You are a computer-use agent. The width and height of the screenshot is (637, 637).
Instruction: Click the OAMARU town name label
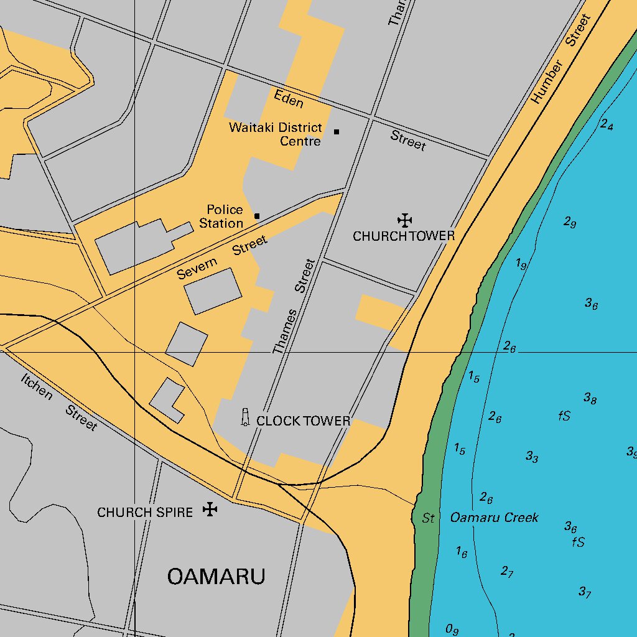click(216, 577)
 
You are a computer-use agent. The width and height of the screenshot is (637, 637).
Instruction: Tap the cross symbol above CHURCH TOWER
click(405, 220)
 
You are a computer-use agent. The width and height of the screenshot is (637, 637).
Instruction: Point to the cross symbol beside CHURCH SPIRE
click(211, 510)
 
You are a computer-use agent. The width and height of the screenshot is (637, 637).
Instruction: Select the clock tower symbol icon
click(245, 417)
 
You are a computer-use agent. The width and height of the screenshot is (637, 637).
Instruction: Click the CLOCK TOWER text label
click(304, 421)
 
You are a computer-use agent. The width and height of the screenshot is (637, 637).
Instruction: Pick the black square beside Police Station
click(257, 216)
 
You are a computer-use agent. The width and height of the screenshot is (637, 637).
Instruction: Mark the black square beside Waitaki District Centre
click(337, 132)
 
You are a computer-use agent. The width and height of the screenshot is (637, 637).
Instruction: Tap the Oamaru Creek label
click(494, 518)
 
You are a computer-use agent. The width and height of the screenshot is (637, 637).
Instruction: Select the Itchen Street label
click(59, 402)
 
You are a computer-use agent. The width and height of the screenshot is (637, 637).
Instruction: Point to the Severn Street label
click(222, 258)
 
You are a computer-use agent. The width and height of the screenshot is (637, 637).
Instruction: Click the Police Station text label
click(223, 216)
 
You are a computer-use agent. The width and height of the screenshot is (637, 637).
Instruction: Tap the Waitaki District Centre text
click(276, 134)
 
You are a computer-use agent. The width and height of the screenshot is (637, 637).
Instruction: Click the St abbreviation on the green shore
click(428, 518)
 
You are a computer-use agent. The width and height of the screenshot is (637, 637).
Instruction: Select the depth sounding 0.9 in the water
click(452, 630)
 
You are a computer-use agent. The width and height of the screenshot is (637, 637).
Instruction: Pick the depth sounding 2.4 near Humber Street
click(607, 124)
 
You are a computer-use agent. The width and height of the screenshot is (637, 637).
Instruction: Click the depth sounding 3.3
click(532, 457)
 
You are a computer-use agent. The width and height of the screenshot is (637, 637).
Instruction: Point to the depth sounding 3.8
click(590, 398)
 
